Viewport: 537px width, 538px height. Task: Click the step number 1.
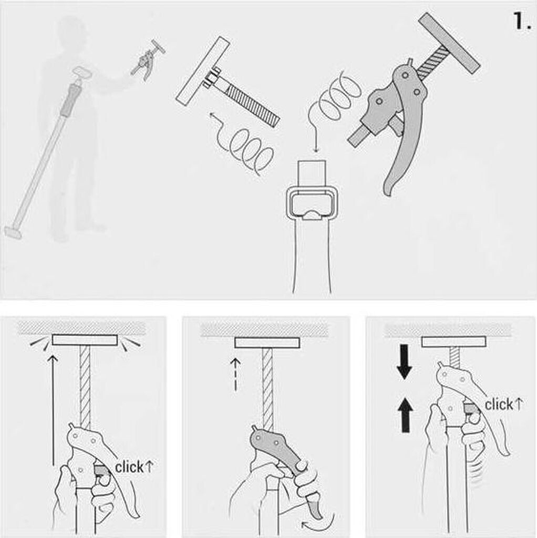click(522, 20)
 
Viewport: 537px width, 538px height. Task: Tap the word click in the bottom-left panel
click(129, 467)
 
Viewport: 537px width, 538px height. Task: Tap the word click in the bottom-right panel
click(499, 405)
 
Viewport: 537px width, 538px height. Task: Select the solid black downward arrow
click(405, 361)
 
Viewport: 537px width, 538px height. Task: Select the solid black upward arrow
click(406, 415)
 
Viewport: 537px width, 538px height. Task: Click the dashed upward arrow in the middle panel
click(235, 374)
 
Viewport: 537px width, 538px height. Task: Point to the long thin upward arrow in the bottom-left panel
click(53, 410)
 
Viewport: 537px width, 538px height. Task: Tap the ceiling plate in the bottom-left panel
click(85, 340)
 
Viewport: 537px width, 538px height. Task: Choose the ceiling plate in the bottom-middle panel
click(267, 343)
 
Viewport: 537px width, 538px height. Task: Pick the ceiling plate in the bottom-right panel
click(453, 342)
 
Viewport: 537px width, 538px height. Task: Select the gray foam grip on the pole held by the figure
click(70, 99)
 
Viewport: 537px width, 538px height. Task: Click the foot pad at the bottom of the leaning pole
click(13, 232)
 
